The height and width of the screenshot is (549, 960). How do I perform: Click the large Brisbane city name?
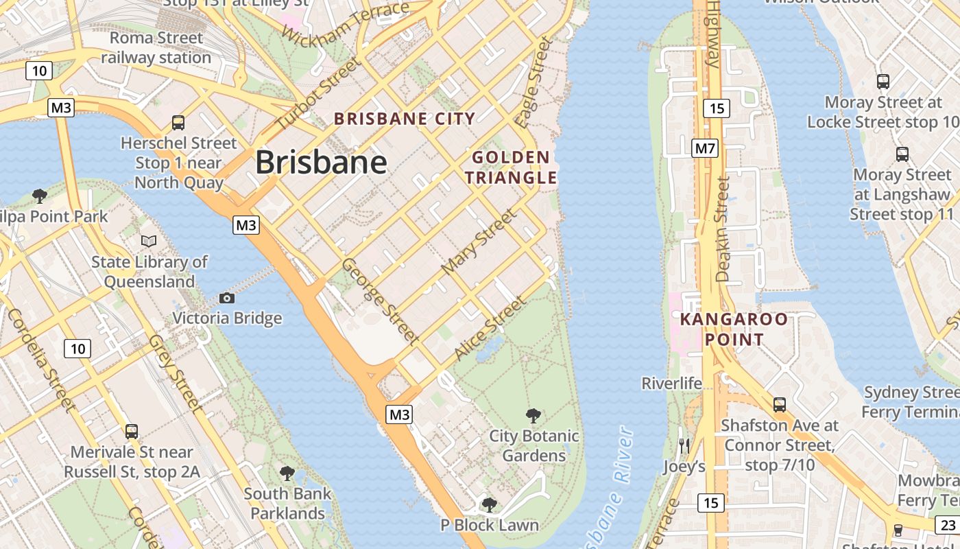coord(321,163)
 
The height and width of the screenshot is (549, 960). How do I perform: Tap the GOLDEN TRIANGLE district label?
coord(511,167)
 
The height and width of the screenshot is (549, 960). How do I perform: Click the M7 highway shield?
coord(704,148)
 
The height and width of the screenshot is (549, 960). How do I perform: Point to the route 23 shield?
coord(948,525)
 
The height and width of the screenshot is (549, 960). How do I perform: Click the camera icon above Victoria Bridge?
coord(227,298)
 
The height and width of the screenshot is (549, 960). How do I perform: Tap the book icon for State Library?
coord(149,241)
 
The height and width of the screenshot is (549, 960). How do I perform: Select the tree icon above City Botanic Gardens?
coord(533,415)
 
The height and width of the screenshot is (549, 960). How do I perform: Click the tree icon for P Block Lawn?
coord(489,505)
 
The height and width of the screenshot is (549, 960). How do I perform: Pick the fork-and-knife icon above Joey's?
coord(684,446)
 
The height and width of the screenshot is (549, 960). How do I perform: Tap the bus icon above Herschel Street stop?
coord(178,123)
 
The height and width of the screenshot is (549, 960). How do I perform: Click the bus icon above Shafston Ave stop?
coord(780,405)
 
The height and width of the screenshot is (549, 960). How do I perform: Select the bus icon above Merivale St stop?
coord(132,432)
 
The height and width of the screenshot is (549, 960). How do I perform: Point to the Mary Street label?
coord(479,242)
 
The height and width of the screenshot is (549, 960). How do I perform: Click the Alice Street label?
coord(490,328)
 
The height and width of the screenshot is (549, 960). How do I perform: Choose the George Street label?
coord(380,301)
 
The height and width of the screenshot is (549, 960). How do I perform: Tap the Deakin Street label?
coord(722,229)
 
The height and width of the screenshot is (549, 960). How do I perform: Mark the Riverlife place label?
coord(672,383)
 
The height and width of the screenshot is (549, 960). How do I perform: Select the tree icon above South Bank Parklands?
coord(287,473)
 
